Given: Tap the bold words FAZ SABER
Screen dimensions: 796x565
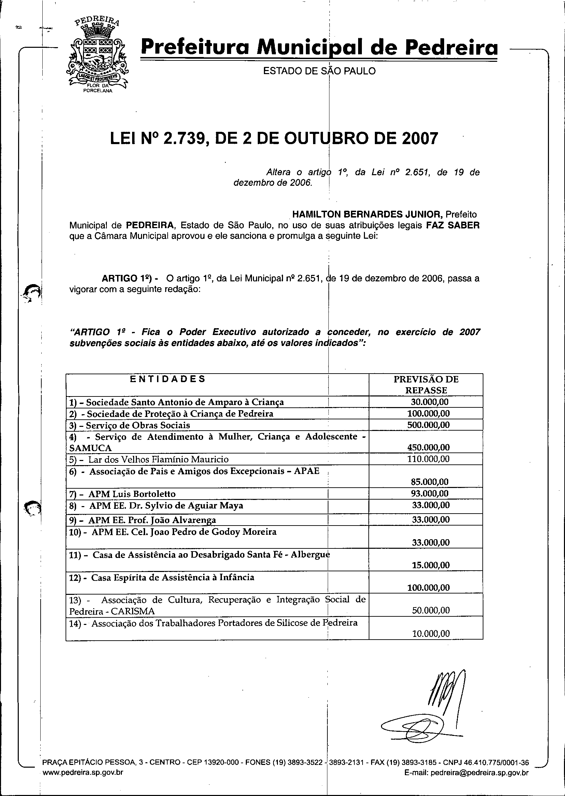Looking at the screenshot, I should (453, 225).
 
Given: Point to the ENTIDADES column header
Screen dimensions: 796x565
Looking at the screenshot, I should (168, 379).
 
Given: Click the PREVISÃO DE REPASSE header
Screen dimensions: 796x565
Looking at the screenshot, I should (426, 385).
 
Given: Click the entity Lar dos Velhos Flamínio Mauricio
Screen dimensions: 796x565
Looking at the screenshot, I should (158, 459).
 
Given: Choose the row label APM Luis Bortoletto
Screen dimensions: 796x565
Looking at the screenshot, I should (132, 494).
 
